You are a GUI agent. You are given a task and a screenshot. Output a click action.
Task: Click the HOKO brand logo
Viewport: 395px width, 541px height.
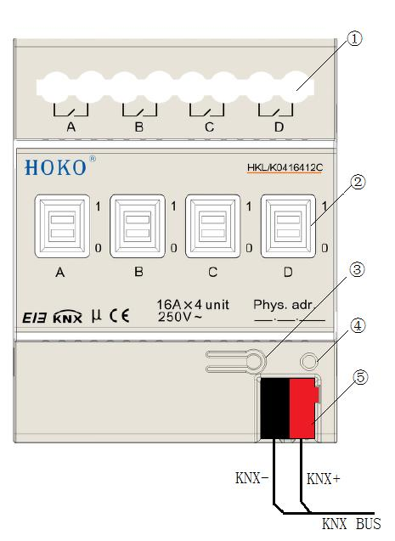[x=55, y=167]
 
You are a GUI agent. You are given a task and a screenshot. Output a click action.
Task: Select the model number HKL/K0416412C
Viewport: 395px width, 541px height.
[x=285, y=167]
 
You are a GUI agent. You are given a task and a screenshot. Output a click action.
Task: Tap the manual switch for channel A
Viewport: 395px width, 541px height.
[x=62, y=226]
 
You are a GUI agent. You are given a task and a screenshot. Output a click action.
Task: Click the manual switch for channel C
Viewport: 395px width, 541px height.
[x=213, y=226]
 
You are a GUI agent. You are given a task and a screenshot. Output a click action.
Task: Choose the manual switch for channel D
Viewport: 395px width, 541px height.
[x=288, y=226]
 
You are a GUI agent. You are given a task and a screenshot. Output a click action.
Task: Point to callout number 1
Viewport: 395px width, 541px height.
[x=354, y=38]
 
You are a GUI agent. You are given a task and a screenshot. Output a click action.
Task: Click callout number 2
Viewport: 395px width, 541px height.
[x=358, y=182]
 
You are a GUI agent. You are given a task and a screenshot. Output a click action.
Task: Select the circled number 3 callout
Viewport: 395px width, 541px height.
[x=357, y=269]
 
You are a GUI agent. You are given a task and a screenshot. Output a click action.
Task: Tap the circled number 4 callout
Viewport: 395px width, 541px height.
[x=358, y=326]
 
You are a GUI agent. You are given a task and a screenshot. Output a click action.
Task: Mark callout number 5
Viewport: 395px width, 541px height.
[x=360, y=377]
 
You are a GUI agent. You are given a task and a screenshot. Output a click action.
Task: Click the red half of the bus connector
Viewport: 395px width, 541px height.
[x=303, y=409]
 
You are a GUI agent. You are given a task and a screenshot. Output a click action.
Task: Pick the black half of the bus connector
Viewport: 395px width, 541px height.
[x=275, y=409]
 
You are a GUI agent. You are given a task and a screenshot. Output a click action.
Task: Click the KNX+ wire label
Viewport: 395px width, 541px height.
[x=324, y=478]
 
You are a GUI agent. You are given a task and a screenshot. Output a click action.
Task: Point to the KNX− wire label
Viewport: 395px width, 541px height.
[x=251, y=478]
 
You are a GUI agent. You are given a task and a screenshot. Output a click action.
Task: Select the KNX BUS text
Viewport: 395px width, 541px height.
[x=352, y=524]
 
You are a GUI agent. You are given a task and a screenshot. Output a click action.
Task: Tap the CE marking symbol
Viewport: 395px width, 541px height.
[x=120, y=316]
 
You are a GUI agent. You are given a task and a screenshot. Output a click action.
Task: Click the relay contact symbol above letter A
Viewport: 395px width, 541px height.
[x=71, y=110]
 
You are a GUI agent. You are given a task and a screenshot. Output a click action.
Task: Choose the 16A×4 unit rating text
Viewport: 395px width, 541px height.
[x=193, y=305]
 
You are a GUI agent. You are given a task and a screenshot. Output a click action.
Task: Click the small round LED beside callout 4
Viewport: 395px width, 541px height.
[x=308, y=362]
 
